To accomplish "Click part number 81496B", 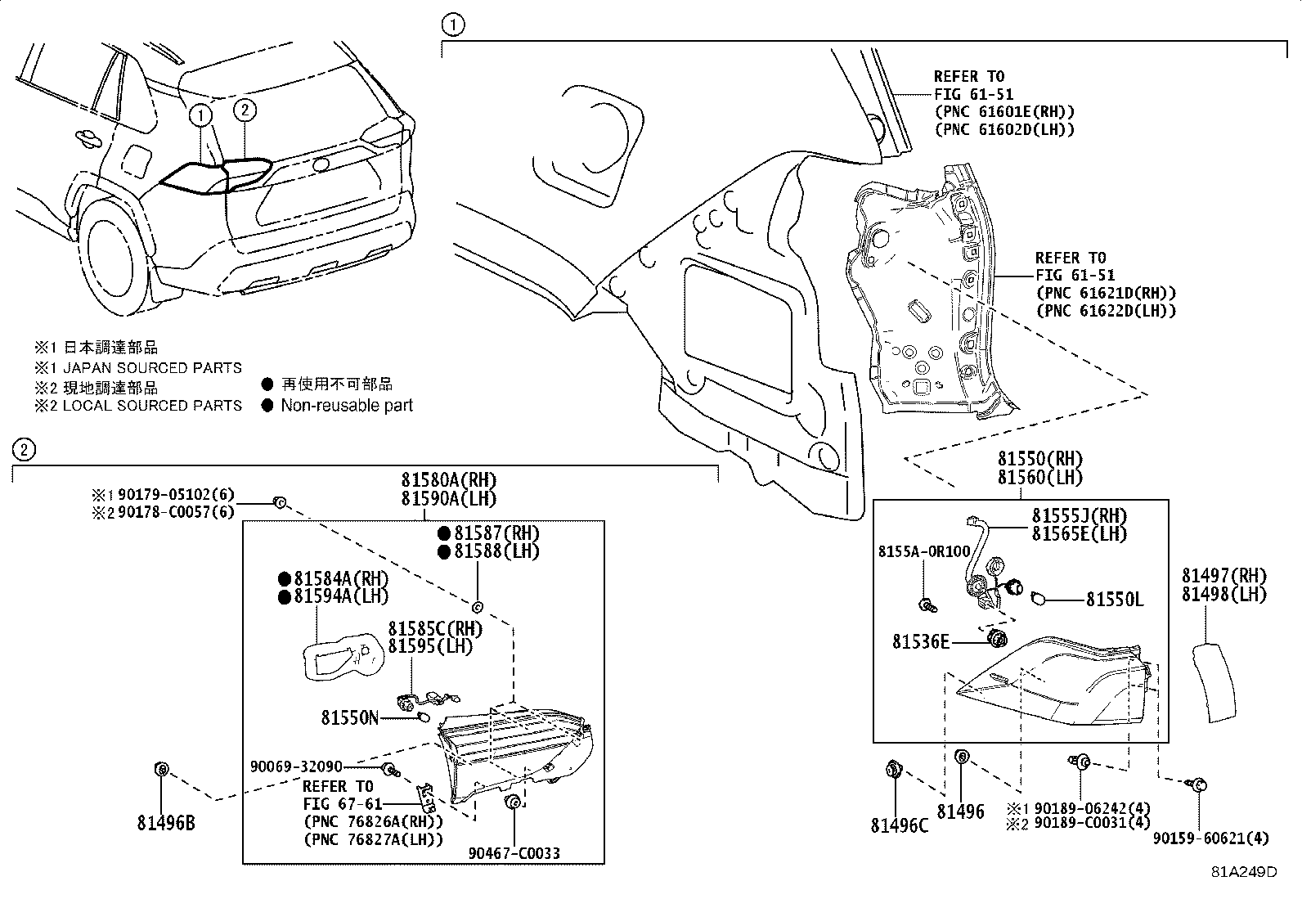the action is point(166,823).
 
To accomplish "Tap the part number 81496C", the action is point(899,825).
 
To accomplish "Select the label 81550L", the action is point(1115,600).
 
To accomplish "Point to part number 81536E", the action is point(921,641).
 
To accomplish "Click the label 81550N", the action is point(350,718).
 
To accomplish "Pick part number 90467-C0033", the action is point(514,853).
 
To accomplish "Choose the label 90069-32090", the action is point(296,766).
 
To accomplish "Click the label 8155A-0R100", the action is point(924,551).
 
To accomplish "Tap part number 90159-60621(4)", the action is point(1211,838).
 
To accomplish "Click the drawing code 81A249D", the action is point(1244,872).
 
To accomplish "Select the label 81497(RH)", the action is point(1224,576).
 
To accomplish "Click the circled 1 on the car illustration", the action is point(200,115).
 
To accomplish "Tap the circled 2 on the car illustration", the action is point(245,110).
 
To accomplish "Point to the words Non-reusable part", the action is point(347,405).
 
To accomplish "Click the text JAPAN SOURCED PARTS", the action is point(152,367).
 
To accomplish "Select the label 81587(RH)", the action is point(497,533).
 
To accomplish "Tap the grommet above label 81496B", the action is point(162,769).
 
